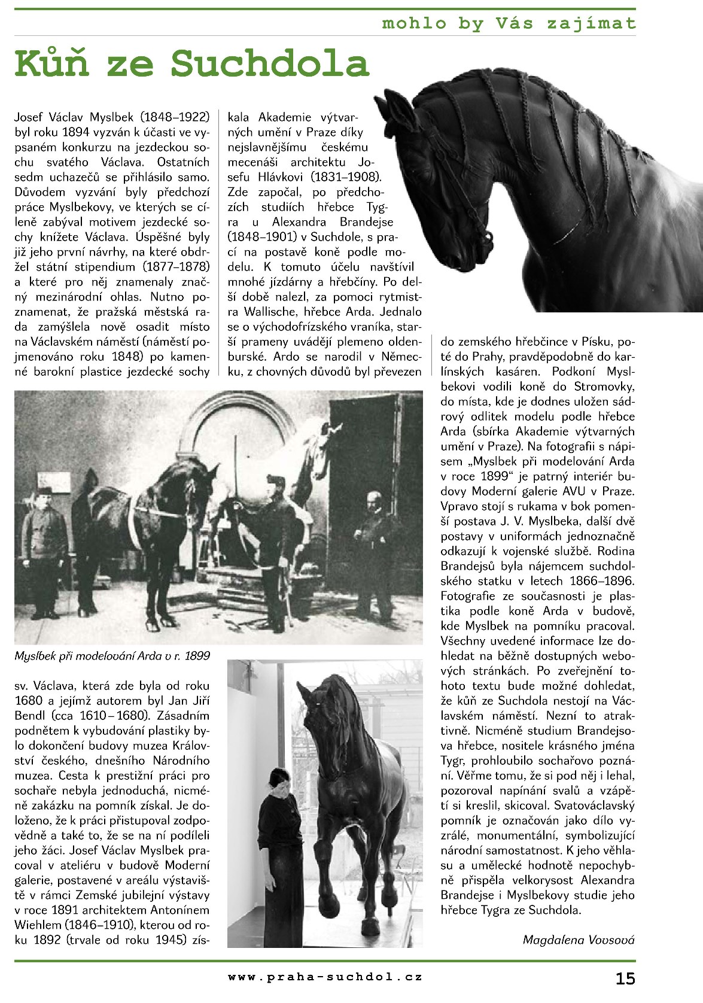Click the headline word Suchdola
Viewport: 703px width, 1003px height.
pyautogui.click(x=270, y=63)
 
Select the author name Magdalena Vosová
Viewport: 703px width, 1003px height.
pyautogui.click(x=579, y=939)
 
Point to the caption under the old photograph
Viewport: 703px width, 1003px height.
pyautogui.click(x=112, y=655)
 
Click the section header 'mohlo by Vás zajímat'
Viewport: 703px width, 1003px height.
pyautogui.click(x=508, y=23)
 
